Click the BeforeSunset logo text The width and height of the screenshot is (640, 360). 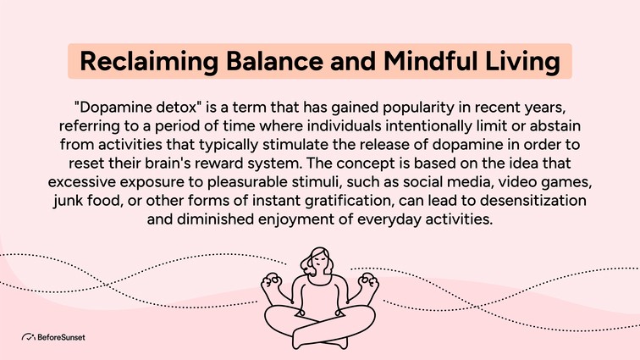[61, 337]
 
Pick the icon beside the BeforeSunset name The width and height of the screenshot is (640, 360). [28, 337]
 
